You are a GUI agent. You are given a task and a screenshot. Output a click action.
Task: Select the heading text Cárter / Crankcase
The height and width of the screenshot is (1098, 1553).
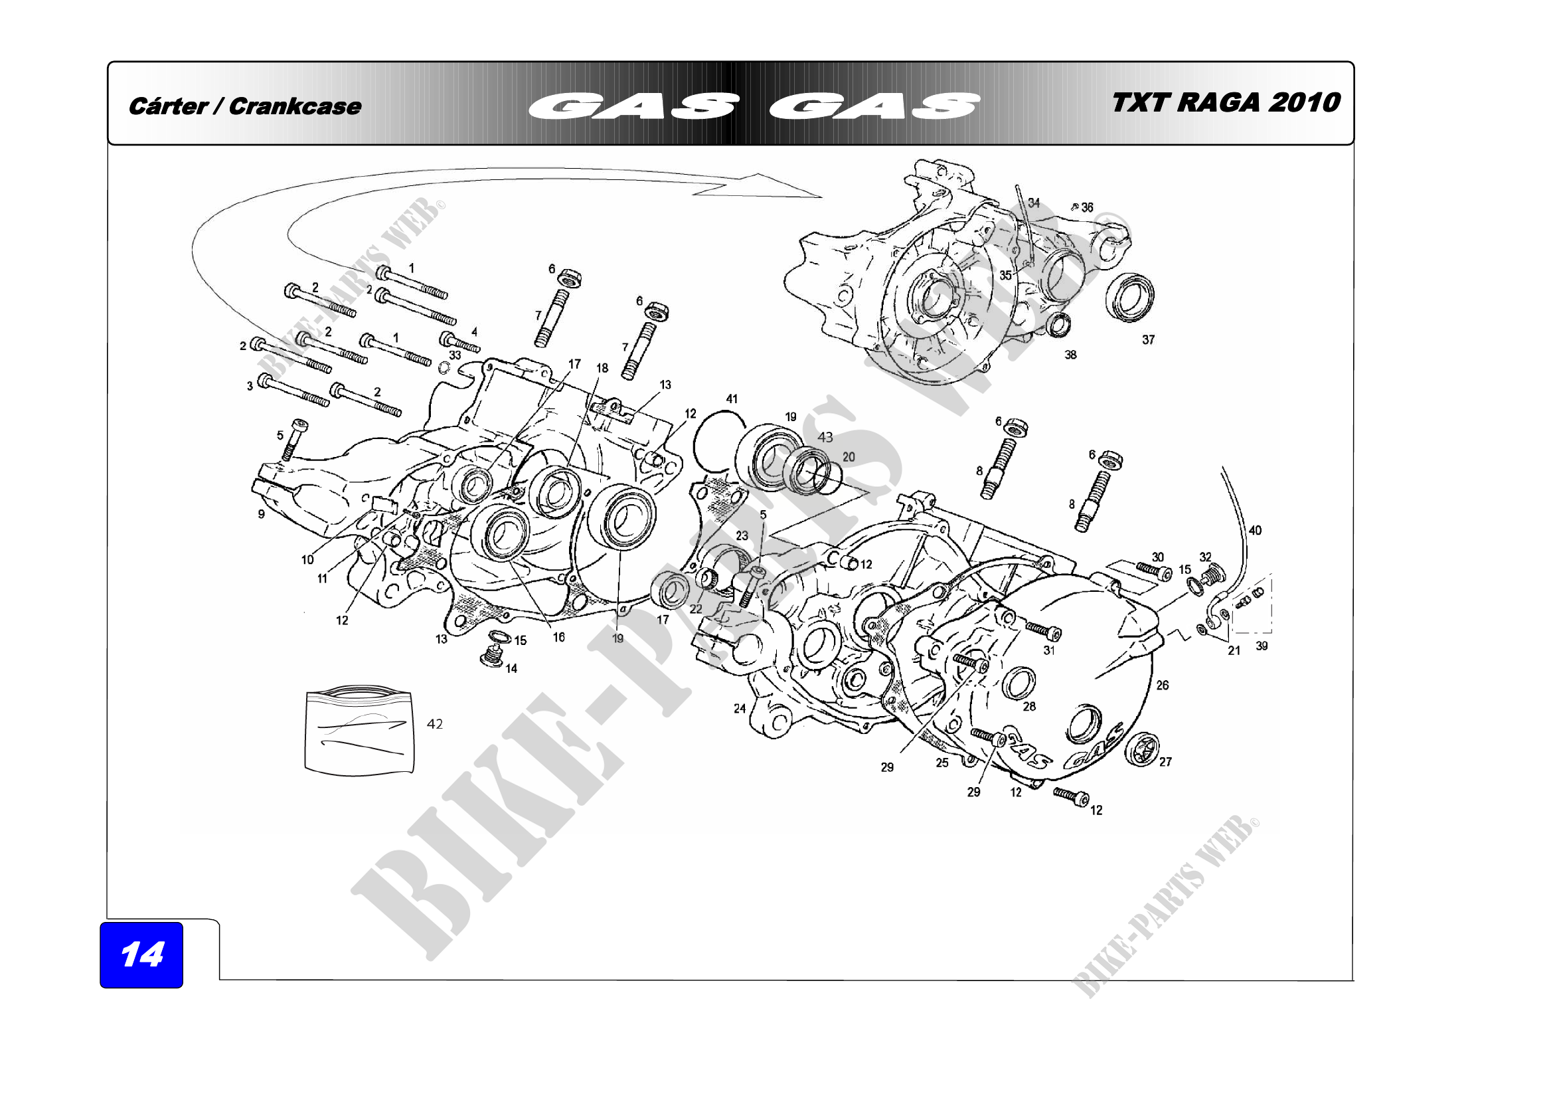[x=245, y=106]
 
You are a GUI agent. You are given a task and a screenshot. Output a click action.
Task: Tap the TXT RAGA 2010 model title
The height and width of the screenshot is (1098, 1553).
[x=1225, y=103]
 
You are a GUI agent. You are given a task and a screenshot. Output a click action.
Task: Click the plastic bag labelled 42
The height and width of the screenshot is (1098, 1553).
[x=358, y=730]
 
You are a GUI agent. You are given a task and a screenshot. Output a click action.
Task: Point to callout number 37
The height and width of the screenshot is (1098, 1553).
[x=1149, y=339]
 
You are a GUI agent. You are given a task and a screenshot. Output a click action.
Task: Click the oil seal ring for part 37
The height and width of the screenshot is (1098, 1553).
[x=1129, y=297]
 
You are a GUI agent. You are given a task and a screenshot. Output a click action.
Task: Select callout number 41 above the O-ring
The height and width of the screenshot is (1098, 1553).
[x=732, y=399]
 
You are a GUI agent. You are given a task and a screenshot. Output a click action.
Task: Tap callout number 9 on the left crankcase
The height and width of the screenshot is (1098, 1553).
[x=261, y=514]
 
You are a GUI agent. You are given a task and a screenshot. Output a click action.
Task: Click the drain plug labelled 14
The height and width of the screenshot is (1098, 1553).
[x=492, y=656]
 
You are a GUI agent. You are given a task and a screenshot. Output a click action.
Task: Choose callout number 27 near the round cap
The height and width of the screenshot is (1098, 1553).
[x=1165, y=762]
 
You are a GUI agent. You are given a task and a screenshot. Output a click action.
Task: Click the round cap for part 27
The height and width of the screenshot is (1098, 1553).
[x=1142, y=749]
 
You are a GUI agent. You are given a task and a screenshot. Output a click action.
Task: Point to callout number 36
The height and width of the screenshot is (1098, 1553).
[x=1087, y=207]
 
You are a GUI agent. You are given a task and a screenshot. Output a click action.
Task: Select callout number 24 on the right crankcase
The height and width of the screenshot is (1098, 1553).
[x=739, y=708]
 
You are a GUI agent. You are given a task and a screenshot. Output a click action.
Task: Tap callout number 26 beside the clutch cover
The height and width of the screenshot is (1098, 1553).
[x=1162, y=686]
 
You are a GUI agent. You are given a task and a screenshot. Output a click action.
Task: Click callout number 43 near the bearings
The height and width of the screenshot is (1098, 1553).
[x=825, y=437]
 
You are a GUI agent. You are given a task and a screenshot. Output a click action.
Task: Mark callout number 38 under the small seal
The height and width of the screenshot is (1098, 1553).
[x=1070, y=355]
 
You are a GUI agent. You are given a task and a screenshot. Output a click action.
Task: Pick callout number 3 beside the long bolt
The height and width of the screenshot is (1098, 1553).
[x=250, y=386]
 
